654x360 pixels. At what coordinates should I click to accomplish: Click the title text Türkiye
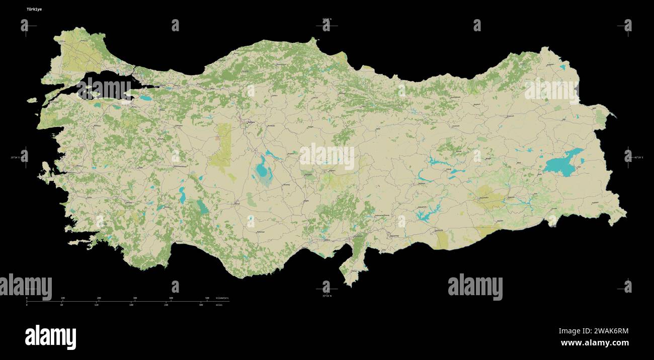click(35, 9)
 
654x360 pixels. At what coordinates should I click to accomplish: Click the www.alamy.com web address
click(595, 343)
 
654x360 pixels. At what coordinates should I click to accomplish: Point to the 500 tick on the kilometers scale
click(207, 298)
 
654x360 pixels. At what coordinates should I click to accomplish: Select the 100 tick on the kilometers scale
click(62, 298)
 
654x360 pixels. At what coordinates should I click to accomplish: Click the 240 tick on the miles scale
click(166, 305)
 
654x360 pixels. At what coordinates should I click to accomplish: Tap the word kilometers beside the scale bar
click(222, 298)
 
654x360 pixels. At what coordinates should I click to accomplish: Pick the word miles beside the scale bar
click(219, 305)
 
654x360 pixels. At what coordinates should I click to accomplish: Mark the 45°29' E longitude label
click(637, 157)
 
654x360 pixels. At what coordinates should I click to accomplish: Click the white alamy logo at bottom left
click(50, 336)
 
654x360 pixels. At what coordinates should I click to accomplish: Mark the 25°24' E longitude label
click(16, 157)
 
